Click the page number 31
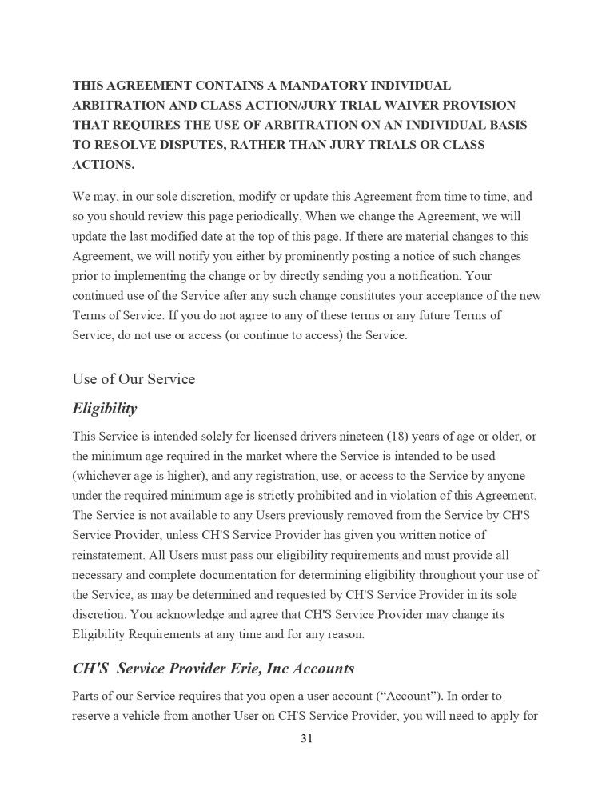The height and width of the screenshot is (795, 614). (x=307, y=738)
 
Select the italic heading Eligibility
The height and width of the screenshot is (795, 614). (x=104, y=409)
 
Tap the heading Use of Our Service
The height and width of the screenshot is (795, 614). (x=134, y=378)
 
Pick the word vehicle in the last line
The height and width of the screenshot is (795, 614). (x=142, y=716)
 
